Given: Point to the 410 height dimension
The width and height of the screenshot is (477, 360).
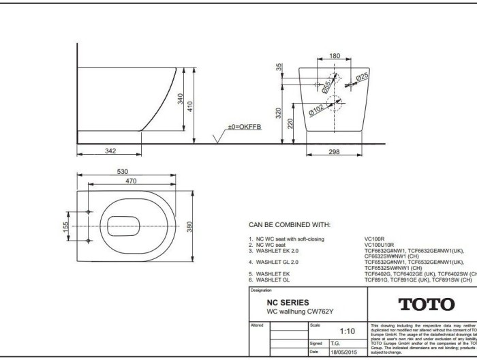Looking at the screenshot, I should tap(191, 106).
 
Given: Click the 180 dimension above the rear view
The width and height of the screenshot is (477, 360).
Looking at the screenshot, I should tap(335, 56).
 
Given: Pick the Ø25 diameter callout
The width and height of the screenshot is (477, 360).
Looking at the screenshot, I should tap(361, 78).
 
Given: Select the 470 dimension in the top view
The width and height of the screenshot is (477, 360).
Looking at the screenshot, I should tap(131, 181).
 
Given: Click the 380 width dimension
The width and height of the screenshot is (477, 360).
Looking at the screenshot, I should tap(190, 225).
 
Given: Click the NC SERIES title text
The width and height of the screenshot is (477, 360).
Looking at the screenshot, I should tap(288, 302).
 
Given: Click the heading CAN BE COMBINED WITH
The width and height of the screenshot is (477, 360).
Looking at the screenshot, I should tap(290, 224).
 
